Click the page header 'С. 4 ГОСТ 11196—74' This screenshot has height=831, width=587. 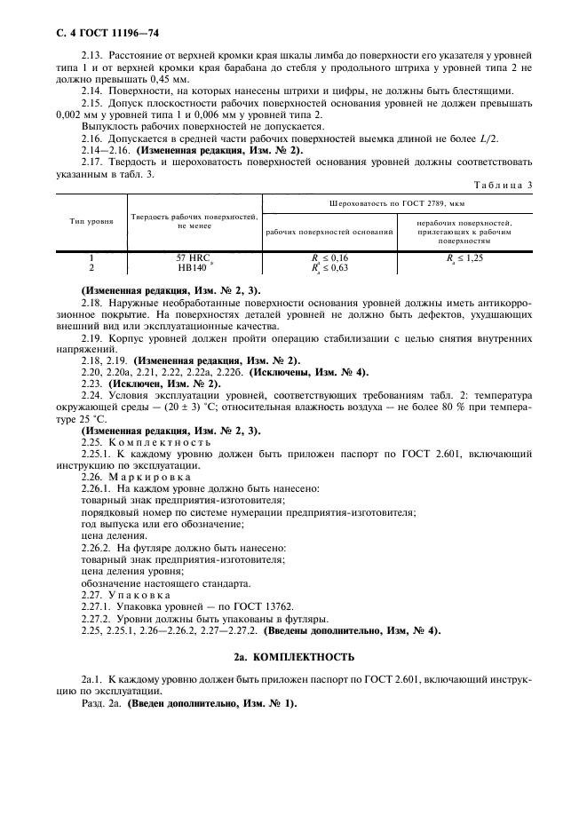(93, 34)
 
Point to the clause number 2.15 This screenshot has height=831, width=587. (93, 104)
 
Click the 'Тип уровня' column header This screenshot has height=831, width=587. (91, 220)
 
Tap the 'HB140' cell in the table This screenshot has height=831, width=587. (192, 265)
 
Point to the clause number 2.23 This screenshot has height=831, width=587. (92, 383)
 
